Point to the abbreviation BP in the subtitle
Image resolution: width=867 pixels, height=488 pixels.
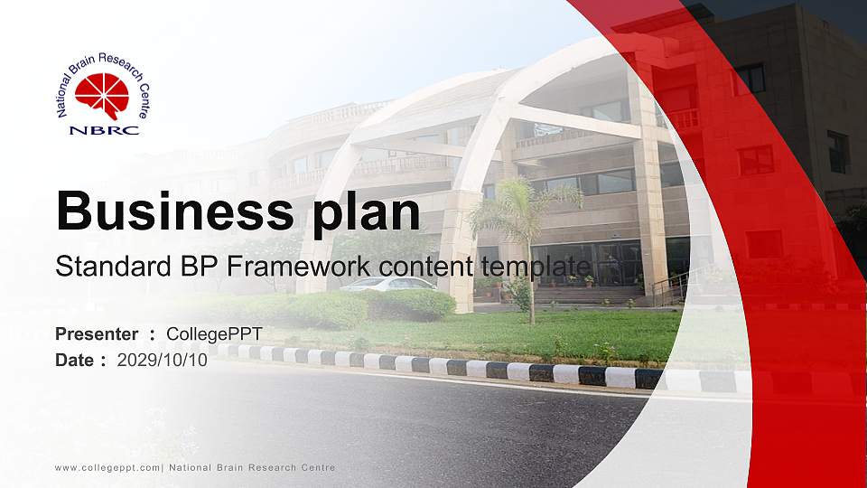[213, 267]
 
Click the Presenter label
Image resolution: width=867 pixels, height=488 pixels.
[97, 334]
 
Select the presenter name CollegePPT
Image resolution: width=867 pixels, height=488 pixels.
[214, 334]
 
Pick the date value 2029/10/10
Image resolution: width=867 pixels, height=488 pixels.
[163, 360]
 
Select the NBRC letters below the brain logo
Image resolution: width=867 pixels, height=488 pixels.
[104, 129]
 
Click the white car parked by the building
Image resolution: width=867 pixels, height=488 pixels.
[387, 284]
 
